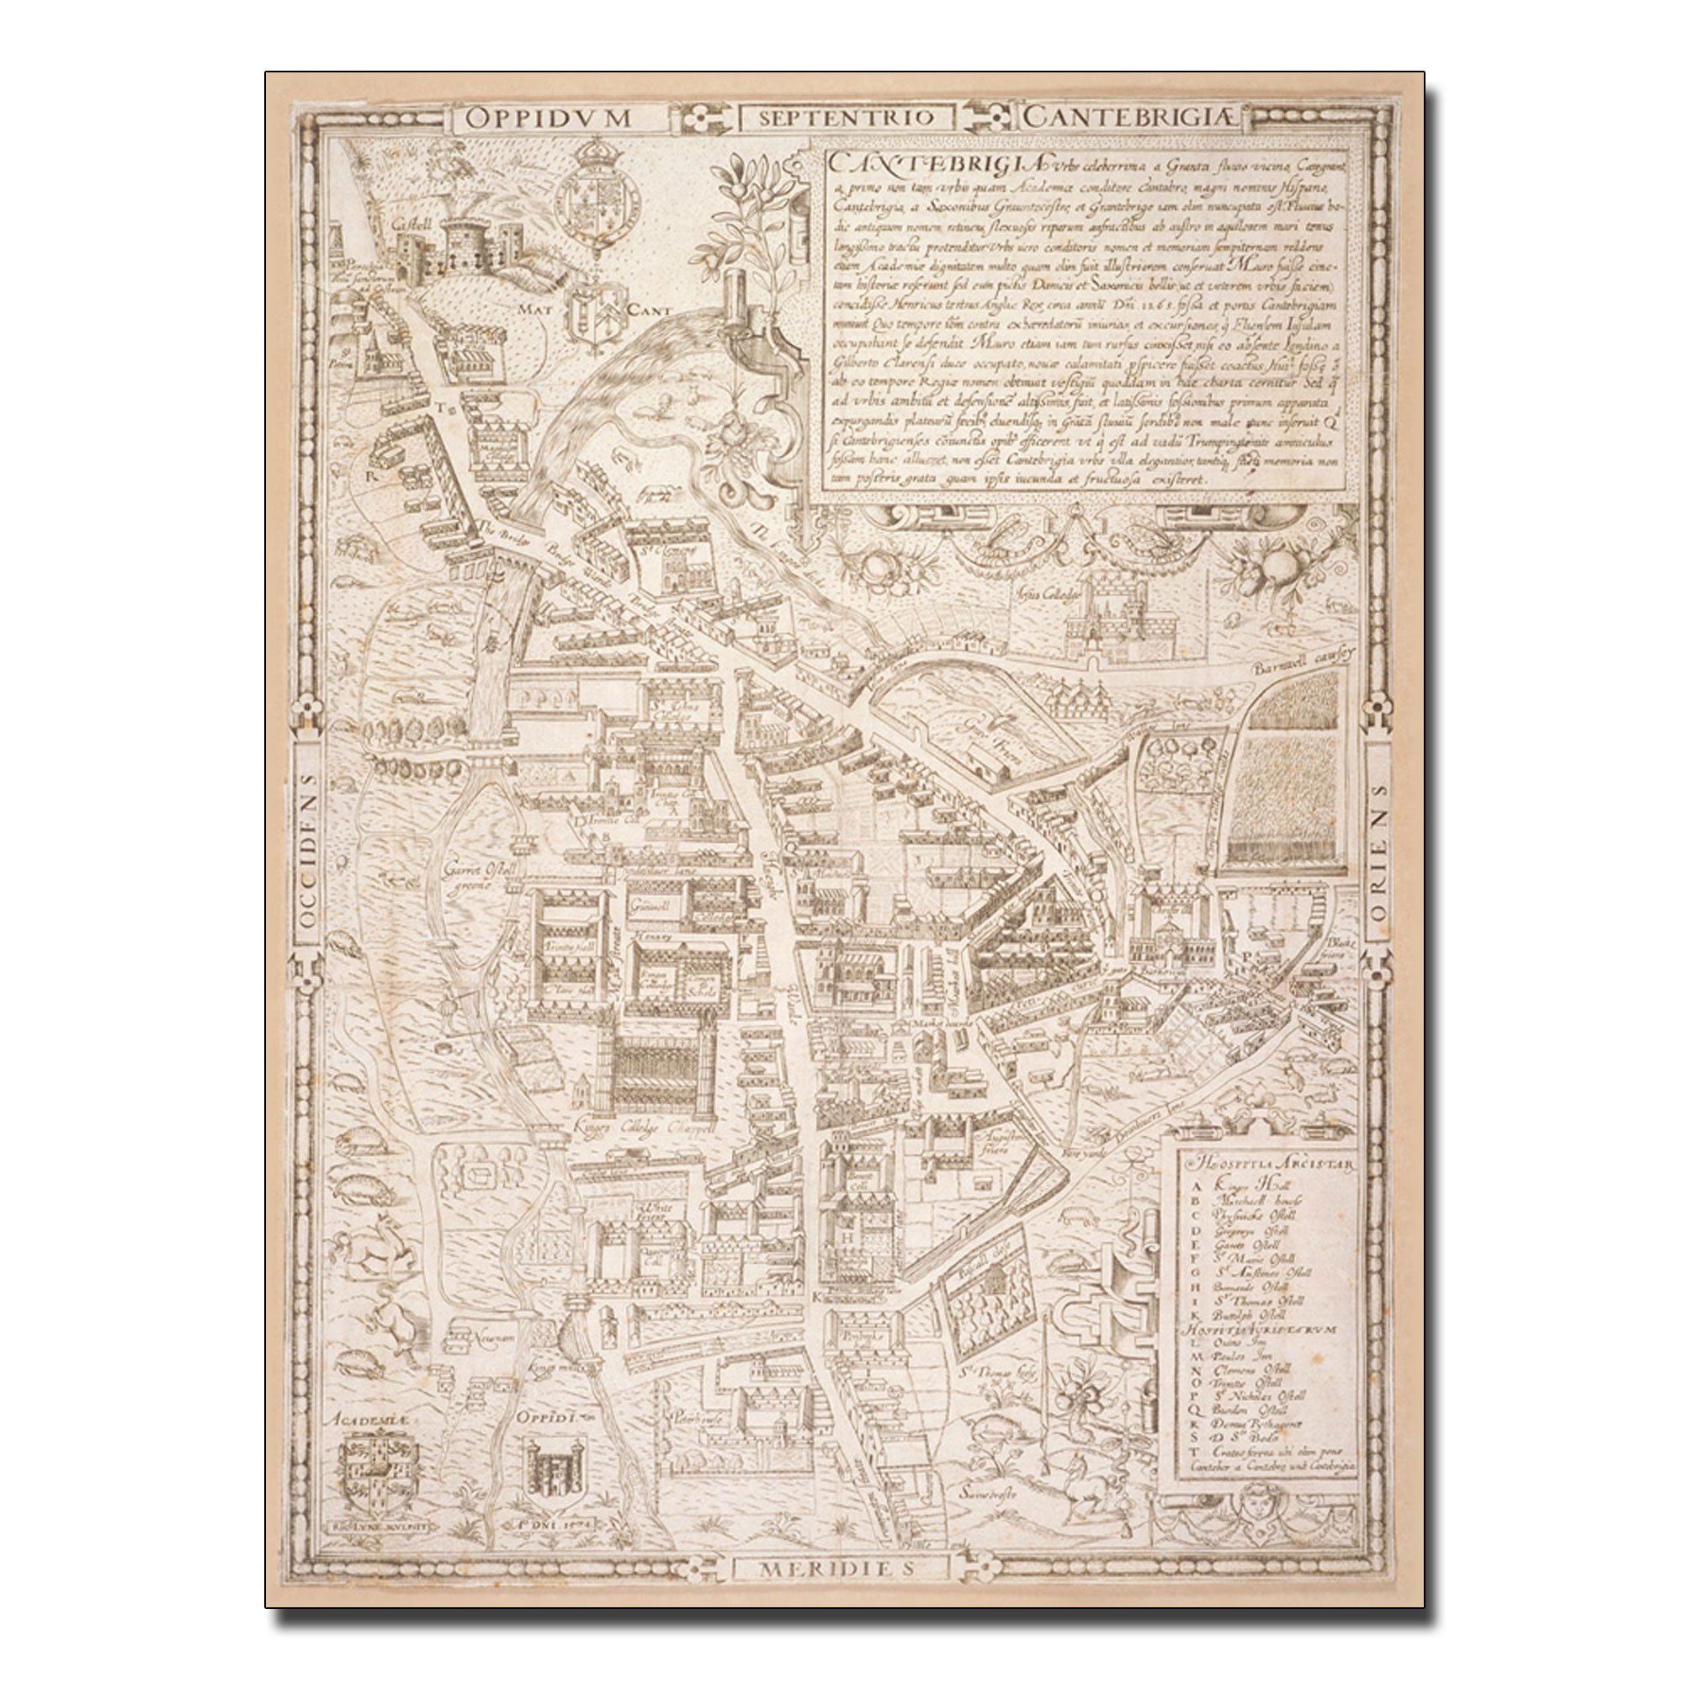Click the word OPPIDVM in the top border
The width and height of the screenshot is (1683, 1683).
(547, 119)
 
